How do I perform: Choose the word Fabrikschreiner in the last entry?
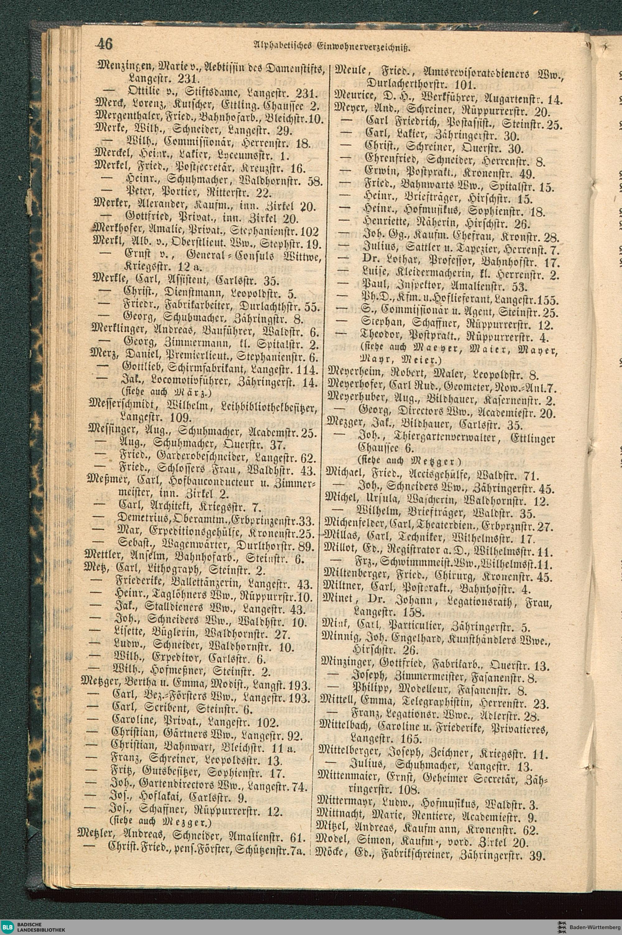(x=413, y=855)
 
